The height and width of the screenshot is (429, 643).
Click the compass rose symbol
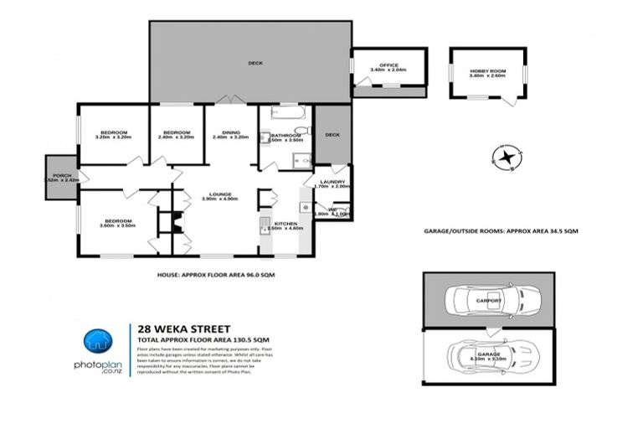click(x=506, y=158)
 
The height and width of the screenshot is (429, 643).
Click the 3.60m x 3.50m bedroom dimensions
click(x=116, y=225)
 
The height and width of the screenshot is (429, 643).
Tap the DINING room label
click(x=231, y=132)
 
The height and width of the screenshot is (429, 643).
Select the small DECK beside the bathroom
click(x=332, y=135)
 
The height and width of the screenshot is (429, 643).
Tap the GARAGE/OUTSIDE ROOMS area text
click(x=501, y=230)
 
